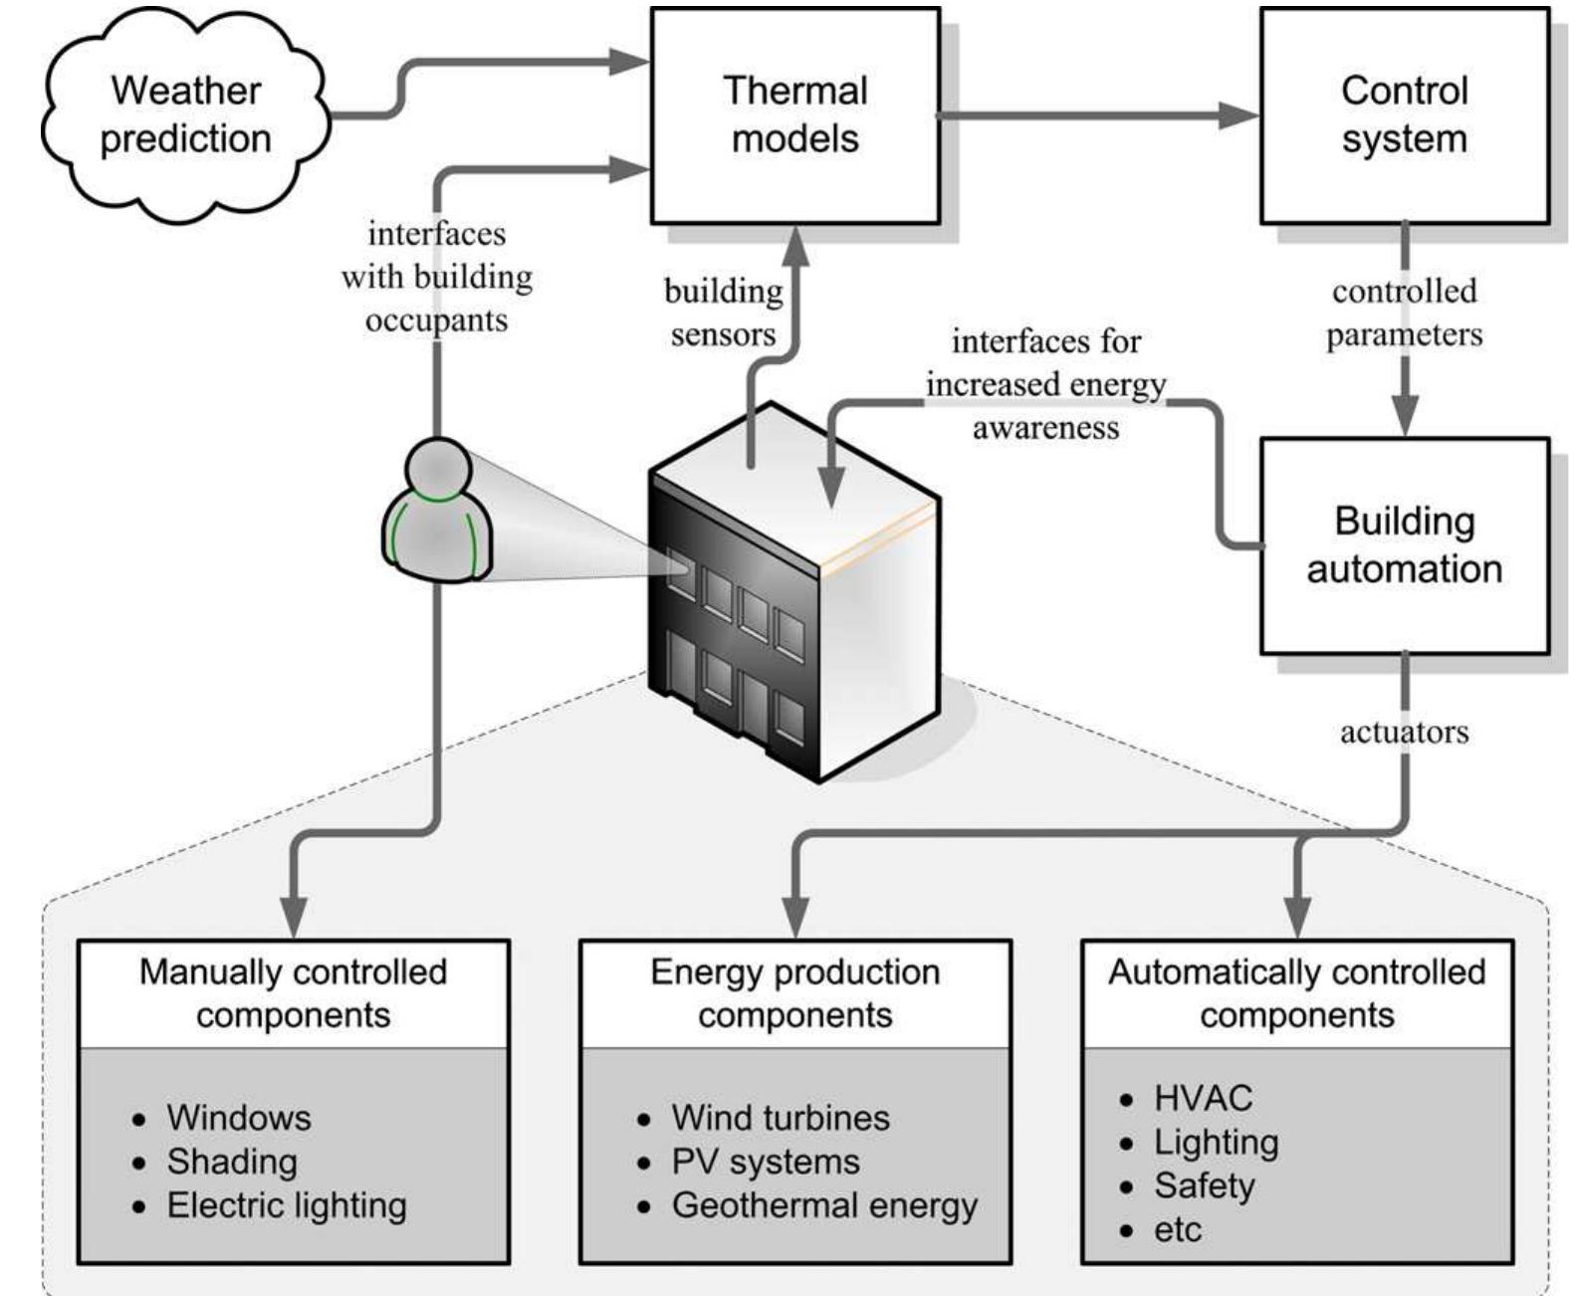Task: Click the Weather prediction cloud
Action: pyautogui.click(x=186, y=114)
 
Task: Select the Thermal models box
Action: pyautogui.click(x=794, y=114)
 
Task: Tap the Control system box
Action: pyautogui.click(x=1404, y=114)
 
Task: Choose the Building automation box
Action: pyautogui.click(x=1404, y=544)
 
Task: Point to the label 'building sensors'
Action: pyautogui.click(x=723, y=312)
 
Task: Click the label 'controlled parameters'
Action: pyautogui.click(x=1404, y=313)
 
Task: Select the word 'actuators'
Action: pyautogui.click(x=1404, y=733)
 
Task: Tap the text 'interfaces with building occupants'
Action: pyautogui.click(x=437, y=277)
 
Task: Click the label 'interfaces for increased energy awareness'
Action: pyautogui.click(x=1045, y=384)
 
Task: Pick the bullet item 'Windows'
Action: pyautogui.click(x=239, y=1118)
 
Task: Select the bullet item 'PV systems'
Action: pyautogui.click(x=765, y=1162)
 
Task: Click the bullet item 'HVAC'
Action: pyautogui.click(x=1203, y=1098)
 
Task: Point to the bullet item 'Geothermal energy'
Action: pyautogui.click(x=824, y=1205)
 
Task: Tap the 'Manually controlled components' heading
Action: pyautogui.click(x=293, y=992)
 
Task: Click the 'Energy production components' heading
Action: pyautogui.click(x=794, y=992)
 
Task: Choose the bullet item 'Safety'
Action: pyautogui.click(x=1204, y=1186)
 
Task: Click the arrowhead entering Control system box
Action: pyautogui.click(x=1239, y=115)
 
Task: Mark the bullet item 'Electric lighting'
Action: pyautogui.click(x=287, y=1205)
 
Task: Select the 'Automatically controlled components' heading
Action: pyautogui.click(x=1296, y=992)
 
